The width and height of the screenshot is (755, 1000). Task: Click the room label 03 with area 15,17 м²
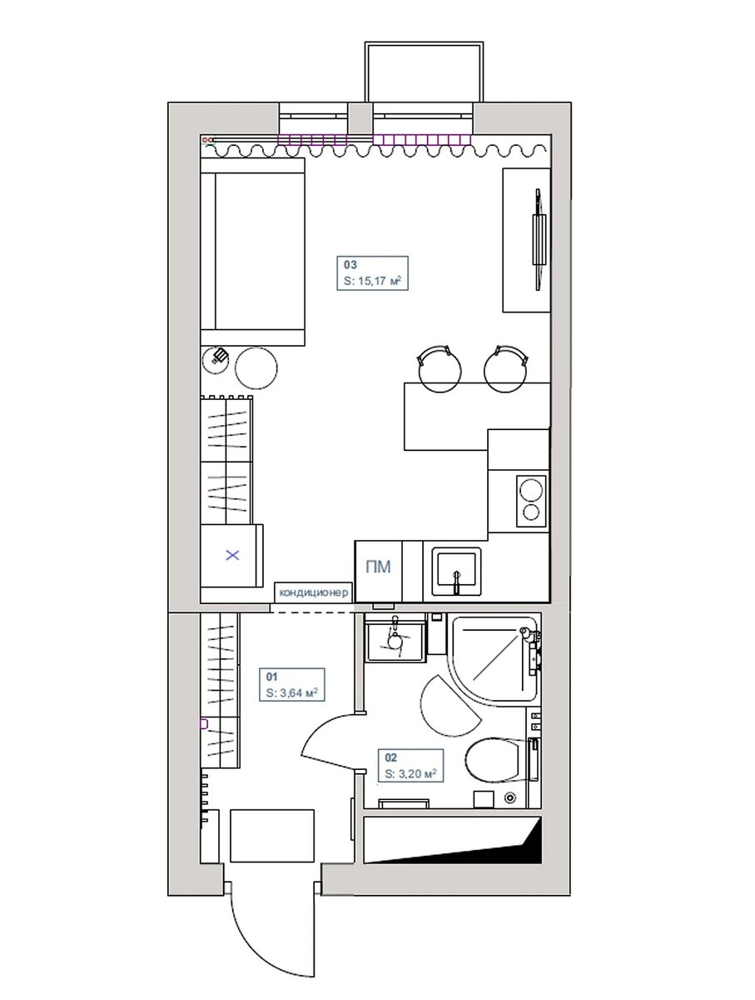[372, 272]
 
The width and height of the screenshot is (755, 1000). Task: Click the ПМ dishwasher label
[378, 567]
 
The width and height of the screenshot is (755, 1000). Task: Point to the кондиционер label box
[314, 592]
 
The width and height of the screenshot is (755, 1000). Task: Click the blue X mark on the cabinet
[232, 555]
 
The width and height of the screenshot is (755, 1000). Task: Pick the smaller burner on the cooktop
[531, 512]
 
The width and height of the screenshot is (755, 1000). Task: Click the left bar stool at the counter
[439, 368]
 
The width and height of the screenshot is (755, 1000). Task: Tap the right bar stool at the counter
[506, 368]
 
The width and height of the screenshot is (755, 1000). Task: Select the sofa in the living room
[252, 252]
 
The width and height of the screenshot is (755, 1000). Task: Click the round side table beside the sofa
[256, 367]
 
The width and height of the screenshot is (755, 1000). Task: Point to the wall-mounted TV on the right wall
[539, 239]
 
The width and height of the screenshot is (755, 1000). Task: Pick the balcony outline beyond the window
[423, 72]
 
